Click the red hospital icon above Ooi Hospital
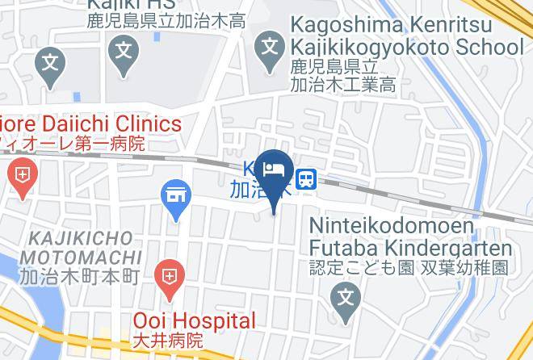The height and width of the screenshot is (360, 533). (169, 276)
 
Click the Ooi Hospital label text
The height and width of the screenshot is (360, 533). (194, 321)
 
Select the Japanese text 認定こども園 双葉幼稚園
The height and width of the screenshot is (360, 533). (409, 267)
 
